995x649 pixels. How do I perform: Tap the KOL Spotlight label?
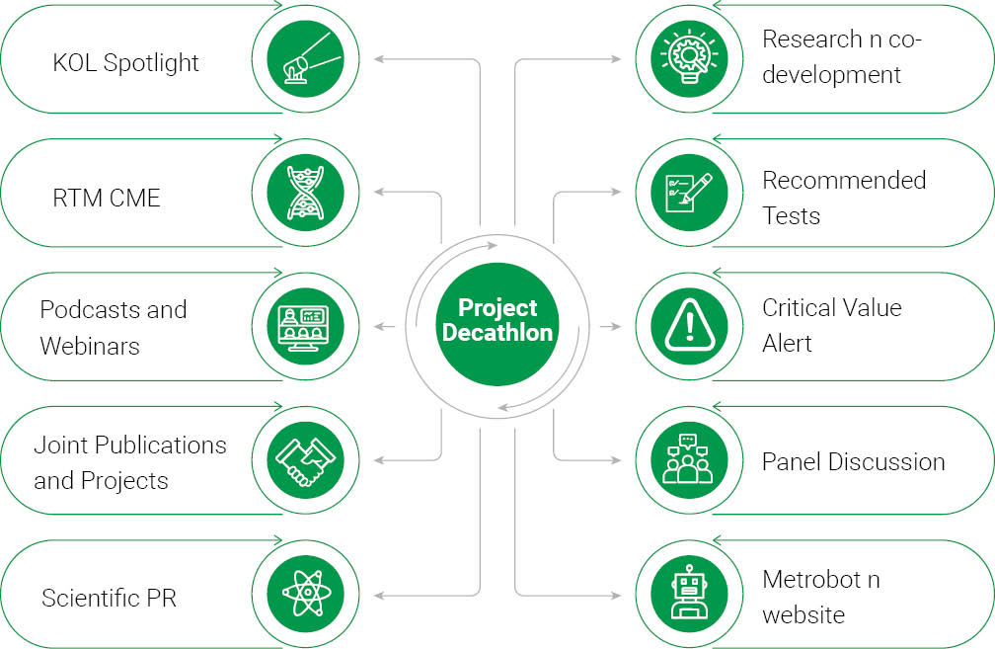[x=125, y=63]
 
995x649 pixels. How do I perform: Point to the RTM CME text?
[x=107, y=198]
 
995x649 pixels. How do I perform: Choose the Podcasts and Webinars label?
[x=113, y=328]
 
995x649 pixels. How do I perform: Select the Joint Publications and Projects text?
[x=129, y=462]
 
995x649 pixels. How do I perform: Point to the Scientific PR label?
[x=109, y=598]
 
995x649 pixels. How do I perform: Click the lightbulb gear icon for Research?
[x=681, y=58]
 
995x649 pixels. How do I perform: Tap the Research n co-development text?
[x=842, y=57]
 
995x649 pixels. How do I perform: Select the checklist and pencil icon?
[x=681, y=192]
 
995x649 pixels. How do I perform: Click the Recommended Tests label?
[x=843, y=198]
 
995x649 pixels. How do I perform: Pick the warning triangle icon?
[x=681, y=326]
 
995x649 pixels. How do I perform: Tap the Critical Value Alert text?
[x=831, y=325]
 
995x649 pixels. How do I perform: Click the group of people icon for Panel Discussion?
[x=681, y=460]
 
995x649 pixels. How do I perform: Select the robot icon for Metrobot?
[x=681, y=594]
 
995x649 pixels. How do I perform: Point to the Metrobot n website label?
[x=819, y=597]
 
